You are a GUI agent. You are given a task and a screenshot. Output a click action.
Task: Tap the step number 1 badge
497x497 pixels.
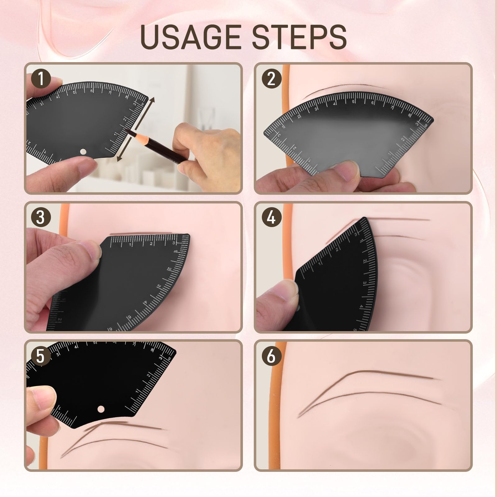41,79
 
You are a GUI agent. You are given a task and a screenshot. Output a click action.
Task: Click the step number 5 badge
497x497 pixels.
41,356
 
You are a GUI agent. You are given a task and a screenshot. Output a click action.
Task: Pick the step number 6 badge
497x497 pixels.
271,356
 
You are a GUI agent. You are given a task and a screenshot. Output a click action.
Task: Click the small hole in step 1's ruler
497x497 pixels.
83,152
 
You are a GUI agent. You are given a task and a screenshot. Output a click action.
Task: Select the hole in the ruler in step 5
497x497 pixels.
100,409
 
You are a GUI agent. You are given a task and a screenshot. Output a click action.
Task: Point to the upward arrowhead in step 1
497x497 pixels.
152,100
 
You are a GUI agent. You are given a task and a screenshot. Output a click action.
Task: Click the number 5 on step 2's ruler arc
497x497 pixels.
353,102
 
